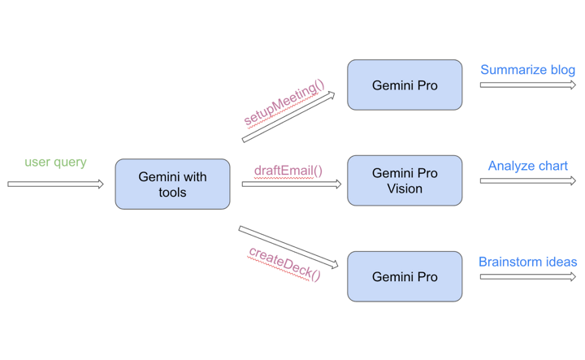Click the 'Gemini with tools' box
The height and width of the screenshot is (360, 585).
click(x=172, y=184)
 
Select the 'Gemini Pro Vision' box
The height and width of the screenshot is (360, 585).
click(x=405, y=180)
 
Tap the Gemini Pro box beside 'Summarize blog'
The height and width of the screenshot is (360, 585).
click(x=405, y=85)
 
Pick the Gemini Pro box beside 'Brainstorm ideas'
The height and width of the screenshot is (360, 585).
click(x=405, y=276)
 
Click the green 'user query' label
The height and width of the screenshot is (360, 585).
click(x=55, y=163)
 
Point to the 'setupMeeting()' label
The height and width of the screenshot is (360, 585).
click(x=284, y=103)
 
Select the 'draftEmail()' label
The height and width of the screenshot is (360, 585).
click(x=288, y=171)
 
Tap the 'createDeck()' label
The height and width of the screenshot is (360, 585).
click(x=284, y=264)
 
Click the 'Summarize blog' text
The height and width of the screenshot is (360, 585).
click(x=527, y=70)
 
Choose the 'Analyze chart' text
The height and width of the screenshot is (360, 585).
click(x=528, y=166)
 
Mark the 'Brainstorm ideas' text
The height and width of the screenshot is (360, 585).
click(x=528, y=262)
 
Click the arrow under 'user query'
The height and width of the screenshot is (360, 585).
click(x=55, y=184)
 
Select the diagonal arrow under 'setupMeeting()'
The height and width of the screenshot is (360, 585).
click(x=288, y=117)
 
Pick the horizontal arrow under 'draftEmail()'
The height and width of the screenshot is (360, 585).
click(x=292, y=184)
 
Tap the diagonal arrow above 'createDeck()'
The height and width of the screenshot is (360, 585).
click(x=288, y=247)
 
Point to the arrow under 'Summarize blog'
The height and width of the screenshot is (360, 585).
click(x=528, y=85)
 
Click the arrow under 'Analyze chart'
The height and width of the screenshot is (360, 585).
click(x=528, y=181)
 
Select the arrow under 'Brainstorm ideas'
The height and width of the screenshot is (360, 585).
click(x=528, y=277)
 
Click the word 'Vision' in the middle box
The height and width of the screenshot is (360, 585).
click(x=405, y=189)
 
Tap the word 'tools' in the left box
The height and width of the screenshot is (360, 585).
click(x=172, y=193)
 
